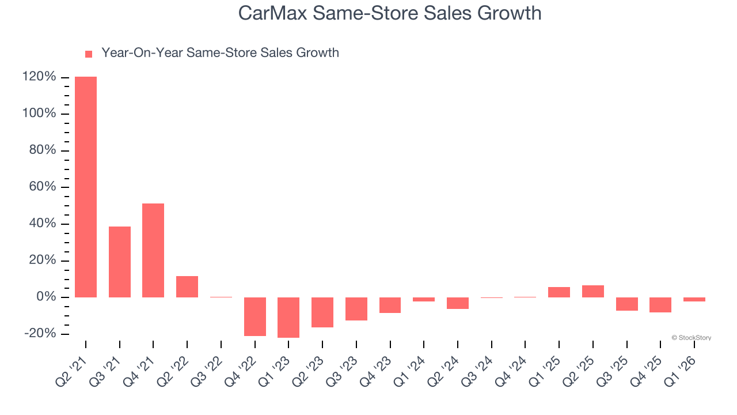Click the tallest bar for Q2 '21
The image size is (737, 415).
86,187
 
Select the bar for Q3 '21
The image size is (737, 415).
120,262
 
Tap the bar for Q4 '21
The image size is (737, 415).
153,250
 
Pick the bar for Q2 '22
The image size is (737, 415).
187,286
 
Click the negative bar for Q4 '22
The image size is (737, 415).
255,316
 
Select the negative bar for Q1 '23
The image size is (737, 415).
288,317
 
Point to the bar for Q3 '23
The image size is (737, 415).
356,308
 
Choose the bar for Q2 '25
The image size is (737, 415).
593,291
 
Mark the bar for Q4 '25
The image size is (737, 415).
660,305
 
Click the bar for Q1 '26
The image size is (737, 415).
694,299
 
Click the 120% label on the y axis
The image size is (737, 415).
39,77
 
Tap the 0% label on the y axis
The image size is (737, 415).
45,297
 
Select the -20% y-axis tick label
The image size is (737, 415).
40,334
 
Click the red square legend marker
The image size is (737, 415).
89,54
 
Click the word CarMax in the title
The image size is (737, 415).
273,13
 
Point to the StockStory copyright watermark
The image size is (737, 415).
692,338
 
